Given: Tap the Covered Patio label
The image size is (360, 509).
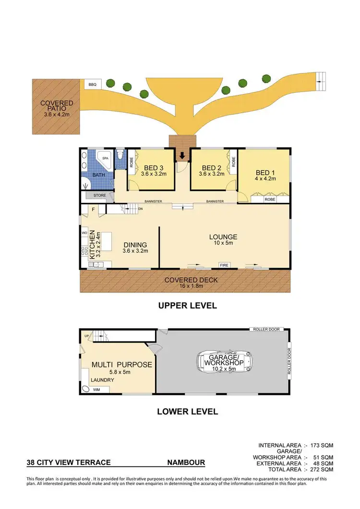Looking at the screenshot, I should tap(57, 103).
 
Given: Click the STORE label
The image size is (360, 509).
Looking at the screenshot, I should tap(99, 195).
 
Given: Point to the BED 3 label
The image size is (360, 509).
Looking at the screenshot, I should tap(154, 167).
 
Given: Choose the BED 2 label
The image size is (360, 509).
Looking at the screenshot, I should tap(212, 167).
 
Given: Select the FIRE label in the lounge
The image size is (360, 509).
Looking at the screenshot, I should tap(224, 265).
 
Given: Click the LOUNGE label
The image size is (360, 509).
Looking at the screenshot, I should tap(223, 237).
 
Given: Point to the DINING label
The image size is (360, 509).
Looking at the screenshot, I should tap(134, 244).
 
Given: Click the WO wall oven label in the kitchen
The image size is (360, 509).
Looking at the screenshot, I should tap(84, 233).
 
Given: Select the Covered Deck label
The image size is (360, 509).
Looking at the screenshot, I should tap(185, 280).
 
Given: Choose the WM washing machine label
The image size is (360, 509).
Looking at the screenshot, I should tap(96, 390).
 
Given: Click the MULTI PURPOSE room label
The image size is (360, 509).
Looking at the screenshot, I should tap(121, 365).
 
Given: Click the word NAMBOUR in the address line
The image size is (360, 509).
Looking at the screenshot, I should tap(186, 463).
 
